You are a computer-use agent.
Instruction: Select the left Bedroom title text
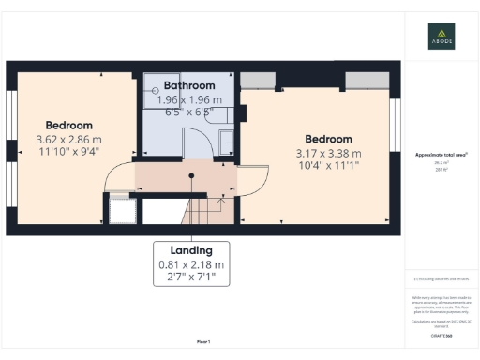pyautogui.click(x=70, y=125)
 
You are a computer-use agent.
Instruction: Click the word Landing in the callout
pyautogui.click(x=191, y=250)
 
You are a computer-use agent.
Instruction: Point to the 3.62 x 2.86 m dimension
pyautogui.click(x=70, y=139)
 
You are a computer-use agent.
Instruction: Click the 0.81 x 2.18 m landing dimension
pyautogui.click(x=191, y=265)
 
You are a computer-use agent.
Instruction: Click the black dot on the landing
pyautogui.click(x=186, y=173)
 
